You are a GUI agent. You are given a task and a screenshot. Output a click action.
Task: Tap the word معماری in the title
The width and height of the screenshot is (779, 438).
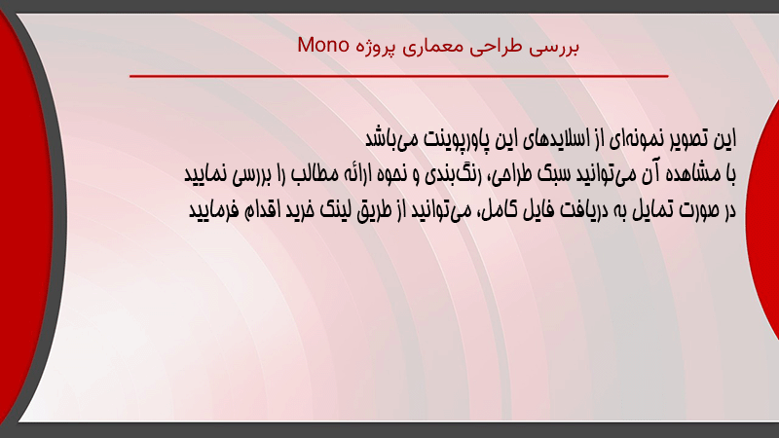pos(432,47)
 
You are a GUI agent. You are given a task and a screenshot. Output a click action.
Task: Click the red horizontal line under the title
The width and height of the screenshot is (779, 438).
pos(399,76)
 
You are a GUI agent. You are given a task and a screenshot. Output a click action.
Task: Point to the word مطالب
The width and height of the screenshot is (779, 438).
pos(314,174)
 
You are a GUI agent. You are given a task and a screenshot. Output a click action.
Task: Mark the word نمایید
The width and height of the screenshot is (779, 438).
pos(205,175)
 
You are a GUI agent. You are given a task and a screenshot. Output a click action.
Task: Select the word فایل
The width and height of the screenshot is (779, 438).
pos(538,210)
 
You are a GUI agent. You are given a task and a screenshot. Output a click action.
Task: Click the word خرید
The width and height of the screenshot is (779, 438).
pos(301,210)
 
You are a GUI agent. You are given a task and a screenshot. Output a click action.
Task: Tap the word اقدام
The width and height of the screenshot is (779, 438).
pos(262,210)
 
